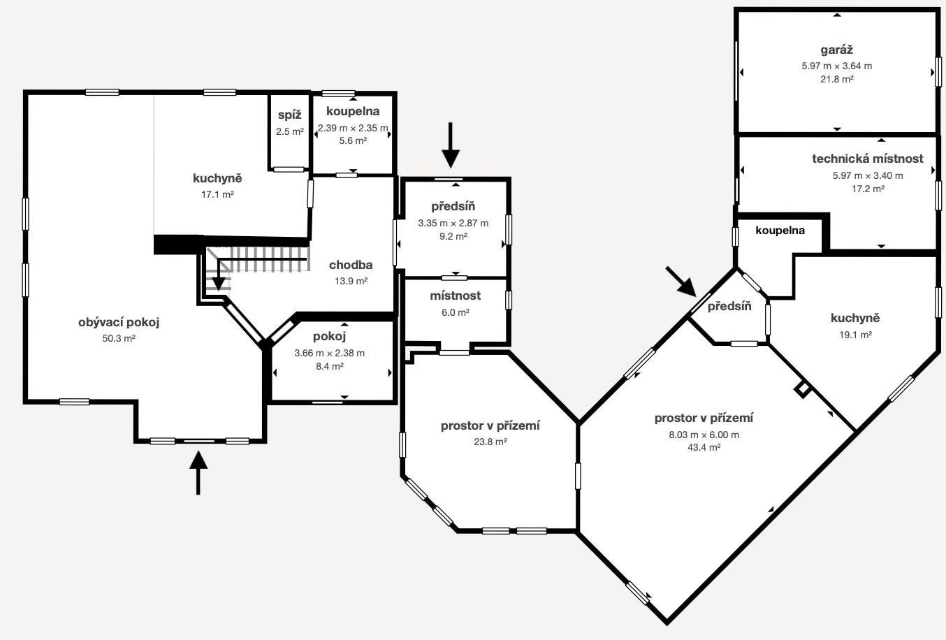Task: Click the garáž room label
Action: (836, 50)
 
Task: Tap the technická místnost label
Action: (867, 159)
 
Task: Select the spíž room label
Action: (289, 115)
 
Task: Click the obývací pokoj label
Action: (119, 322)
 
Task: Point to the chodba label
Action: (351, 265)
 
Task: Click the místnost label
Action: (455, 296)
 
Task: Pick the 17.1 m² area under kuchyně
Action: (217, 194)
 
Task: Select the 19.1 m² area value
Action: (854, 335)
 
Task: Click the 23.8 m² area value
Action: (490, 442)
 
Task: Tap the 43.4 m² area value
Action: (704, 448)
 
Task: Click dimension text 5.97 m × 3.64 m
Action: (836, 66)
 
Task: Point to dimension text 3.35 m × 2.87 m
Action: (453, 223)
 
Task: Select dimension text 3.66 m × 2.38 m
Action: (329, 353)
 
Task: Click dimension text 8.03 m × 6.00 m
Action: (704, 435)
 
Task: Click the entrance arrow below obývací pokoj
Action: (198, 472)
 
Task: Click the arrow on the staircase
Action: (218, 277)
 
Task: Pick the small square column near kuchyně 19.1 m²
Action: (803, 389)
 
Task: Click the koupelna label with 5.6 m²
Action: (352, 111)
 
